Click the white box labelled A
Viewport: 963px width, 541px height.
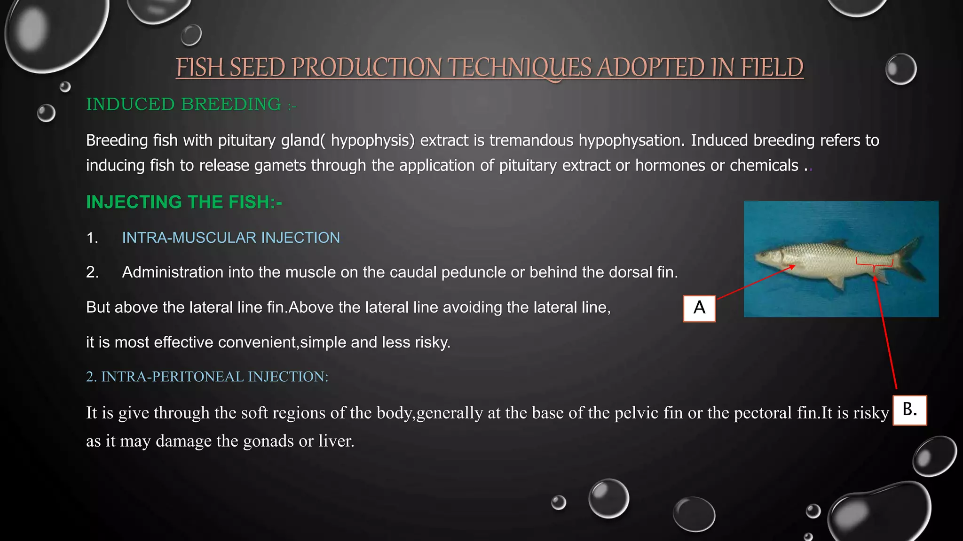(x=699, y=309)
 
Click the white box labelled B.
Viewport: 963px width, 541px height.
(x=909, y=410)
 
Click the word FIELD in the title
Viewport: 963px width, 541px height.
(x=772, y=68)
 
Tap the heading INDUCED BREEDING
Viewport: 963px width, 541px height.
(x=184, y=104)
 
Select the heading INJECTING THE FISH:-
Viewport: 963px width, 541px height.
(x=184, y=202)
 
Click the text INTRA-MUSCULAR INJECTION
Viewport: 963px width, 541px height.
(x=231, y=238)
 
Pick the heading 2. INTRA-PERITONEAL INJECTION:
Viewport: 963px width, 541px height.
(x=207, y=377)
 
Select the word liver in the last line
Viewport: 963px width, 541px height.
(x=336, y=441)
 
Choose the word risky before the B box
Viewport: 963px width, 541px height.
(x=871, y=413)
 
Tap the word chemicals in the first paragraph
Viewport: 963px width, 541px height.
(x=764, y=165)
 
